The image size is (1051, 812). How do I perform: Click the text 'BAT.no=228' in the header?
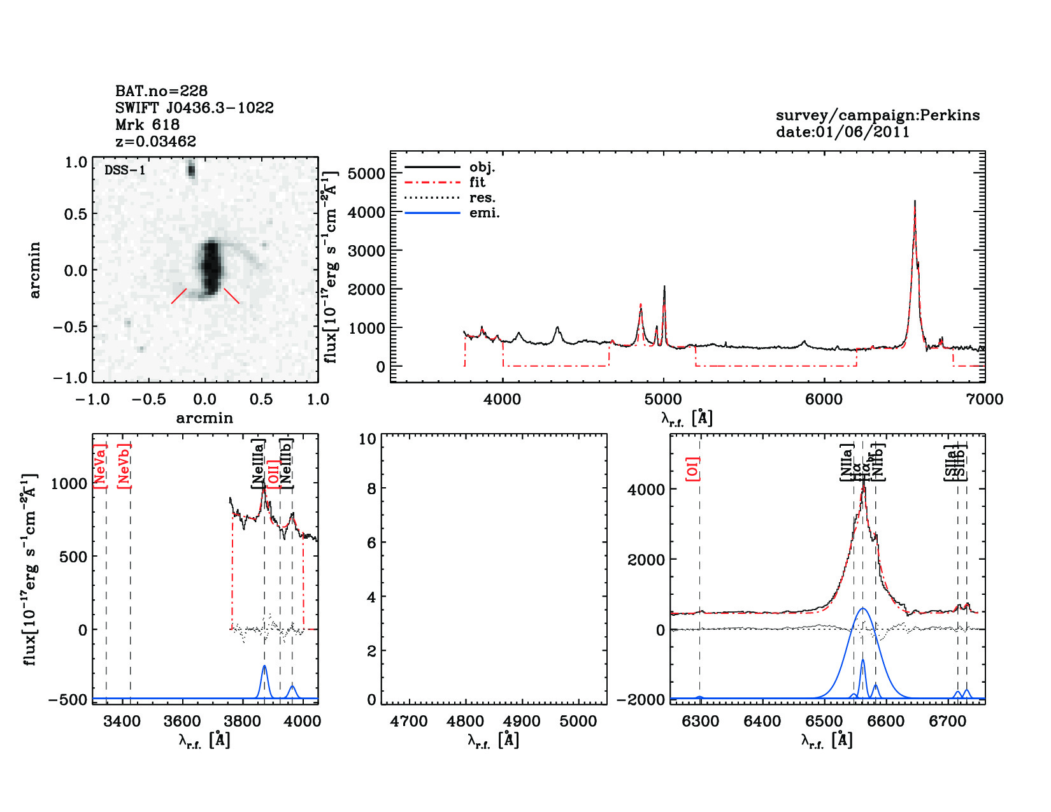(161, 91)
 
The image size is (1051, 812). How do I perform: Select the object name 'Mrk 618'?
(147, 125)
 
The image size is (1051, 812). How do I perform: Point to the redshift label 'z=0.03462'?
(155, 141)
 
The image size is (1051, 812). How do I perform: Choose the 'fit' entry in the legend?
(477, 182)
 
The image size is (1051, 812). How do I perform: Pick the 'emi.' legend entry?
(484, 213)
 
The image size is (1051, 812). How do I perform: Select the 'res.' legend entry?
(482, 197)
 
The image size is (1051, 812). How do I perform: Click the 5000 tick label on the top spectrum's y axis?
(366, 174)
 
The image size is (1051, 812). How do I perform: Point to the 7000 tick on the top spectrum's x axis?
(984, 399)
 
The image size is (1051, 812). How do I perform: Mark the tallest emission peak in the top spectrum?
(915, 203)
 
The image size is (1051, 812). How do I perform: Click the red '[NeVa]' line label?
(100, 466)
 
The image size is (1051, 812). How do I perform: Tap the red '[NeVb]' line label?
(124, 466)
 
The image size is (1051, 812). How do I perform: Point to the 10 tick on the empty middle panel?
(368, 439)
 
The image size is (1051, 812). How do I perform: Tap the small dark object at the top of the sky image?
(190, 169)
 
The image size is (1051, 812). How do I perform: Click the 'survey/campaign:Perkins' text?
(877, 115)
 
